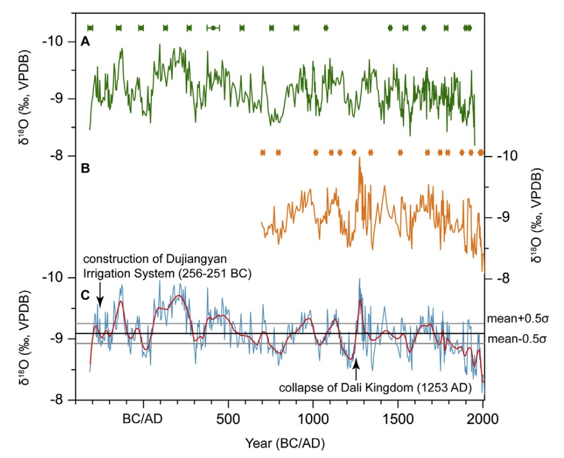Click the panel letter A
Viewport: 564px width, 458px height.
tap(85, 41)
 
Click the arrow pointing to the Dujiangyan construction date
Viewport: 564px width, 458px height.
tap(100, 298)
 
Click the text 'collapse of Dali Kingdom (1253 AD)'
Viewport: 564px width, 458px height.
tap(375, 387)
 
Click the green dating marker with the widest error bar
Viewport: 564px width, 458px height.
tap(213, 28)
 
